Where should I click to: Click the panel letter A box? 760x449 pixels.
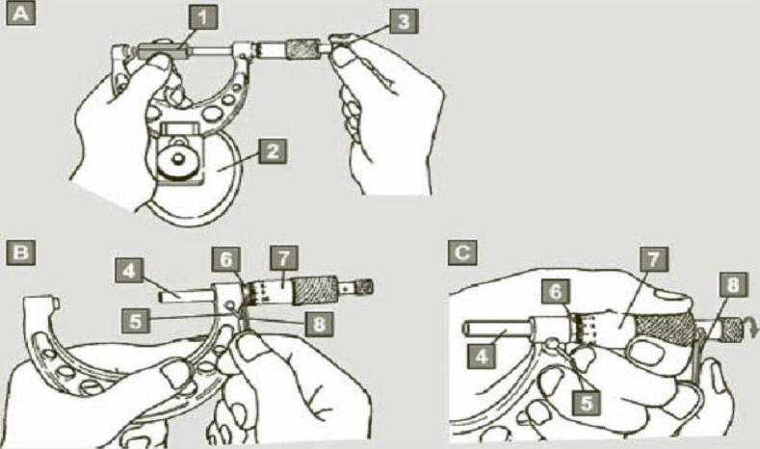click(x=21, y=17)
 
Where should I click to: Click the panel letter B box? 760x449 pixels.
click(x=21, y=252)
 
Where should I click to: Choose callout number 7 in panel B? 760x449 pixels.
click(x=284, y=258)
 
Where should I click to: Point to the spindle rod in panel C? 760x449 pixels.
click(x=501, y=328)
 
